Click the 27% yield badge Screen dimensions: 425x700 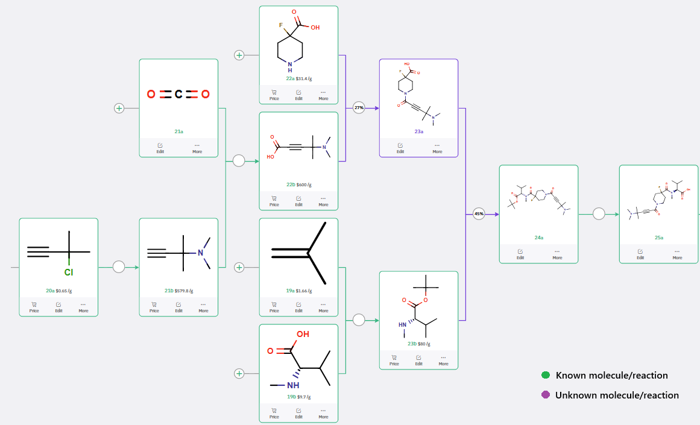[359, 108]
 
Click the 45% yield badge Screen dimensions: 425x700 [479, 214]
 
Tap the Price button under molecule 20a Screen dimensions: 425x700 [34, 307]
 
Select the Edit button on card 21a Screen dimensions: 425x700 [160, 148]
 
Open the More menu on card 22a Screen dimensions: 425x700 [323, 95]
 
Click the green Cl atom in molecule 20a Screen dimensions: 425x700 [69, 272]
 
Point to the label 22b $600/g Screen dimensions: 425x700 [298, 184]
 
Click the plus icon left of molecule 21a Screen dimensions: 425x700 [119, 108]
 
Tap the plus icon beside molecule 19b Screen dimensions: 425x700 [239, 374]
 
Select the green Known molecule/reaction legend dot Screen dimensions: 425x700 [546, 376]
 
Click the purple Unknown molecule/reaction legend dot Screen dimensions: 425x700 [546, 395]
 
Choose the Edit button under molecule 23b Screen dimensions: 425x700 [418, 360]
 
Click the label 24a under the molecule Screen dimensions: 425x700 [538, 238]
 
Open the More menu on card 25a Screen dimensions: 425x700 [678, 254]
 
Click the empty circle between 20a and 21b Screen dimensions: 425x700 [119, 266]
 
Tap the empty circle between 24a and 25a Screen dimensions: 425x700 [599, 214]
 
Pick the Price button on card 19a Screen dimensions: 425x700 [274, 307]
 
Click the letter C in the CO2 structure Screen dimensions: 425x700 [178, 95]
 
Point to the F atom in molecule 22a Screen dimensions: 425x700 [280, 26]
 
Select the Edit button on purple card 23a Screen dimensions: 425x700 [400, 148]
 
